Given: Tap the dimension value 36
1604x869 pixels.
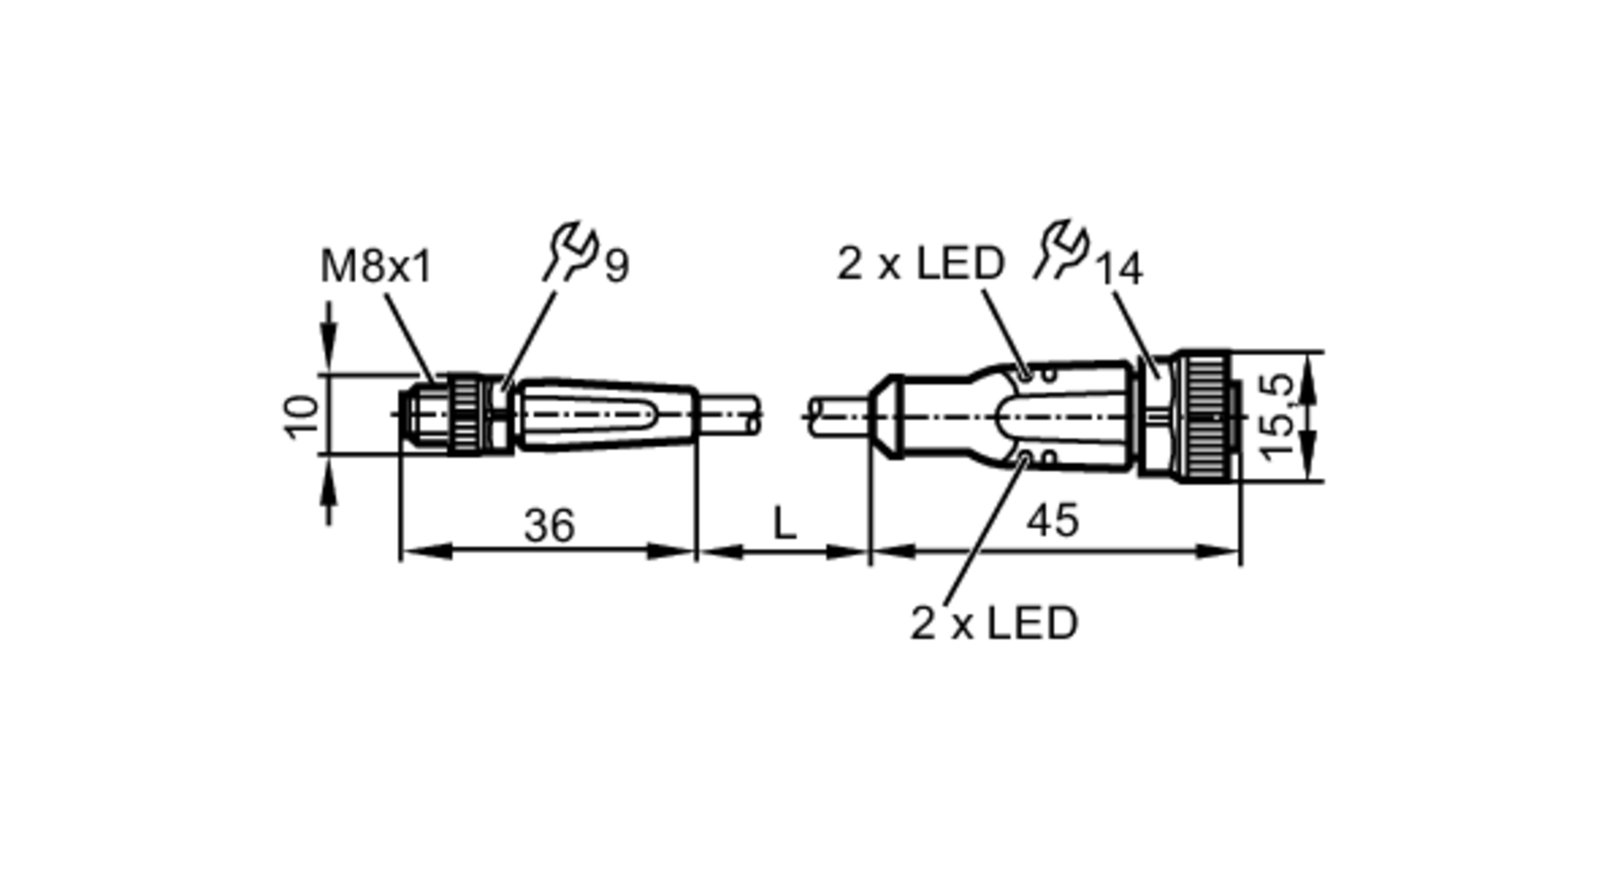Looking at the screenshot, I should tap(549, 526).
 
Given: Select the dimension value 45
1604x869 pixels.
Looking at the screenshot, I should tap(1053, 521).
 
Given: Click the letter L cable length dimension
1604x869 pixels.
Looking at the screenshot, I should tap(784, 524).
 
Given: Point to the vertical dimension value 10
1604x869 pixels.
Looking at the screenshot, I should tap(302, 415).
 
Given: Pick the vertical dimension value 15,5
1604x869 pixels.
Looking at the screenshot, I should tap(1277, 416).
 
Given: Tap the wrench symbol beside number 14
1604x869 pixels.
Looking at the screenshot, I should tap(1060, 251).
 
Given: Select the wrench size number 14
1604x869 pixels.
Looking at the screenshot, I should tap(1119, 269).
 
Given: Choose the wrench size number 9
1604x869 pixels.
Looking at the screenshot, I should tap(617, 267).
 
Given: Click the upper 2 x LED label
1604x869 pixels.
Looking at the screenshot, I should tap(920, 263).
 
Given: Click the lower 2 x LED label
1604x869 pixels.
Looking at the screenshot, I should tap(994, 623).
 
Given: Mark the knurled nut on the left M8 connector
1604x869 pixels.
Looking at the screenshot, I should tap(464, 414).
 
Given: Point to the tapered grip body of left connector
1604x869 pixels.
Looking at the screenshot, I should tap(606, 415).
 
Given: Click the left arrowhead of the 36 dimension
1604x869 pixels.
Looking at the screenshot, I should tap(417, 552).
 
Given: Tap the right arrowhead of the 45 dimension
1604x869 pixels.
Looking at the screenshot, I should tap(1224, 552).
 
